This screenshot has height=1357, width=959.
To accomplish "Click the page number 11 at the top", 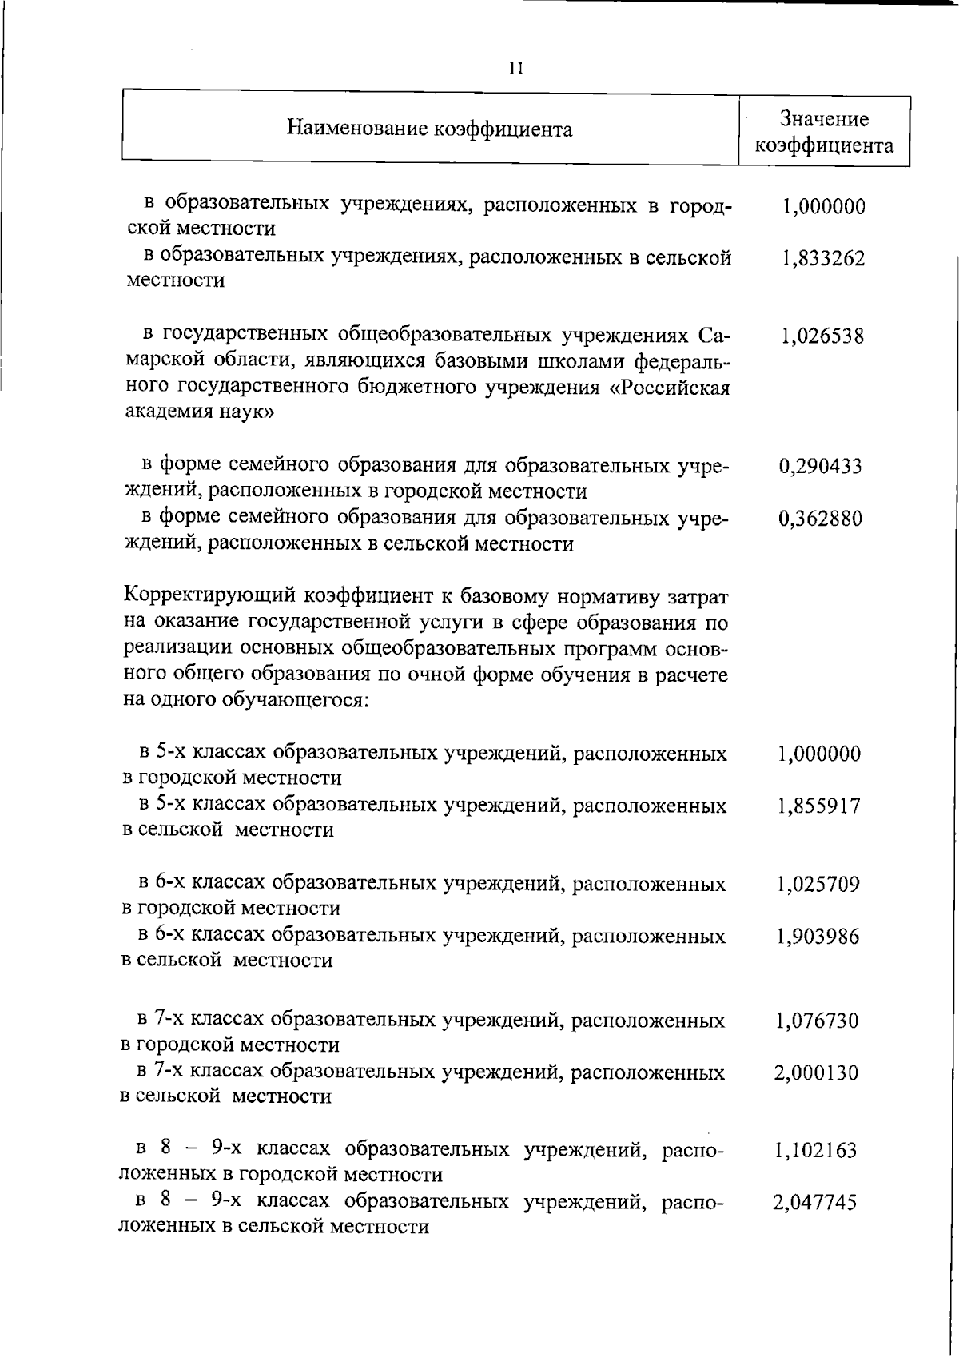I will pos(515,69).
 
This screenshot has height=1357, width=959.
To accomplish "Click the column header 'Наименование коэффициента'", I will pos(429,129).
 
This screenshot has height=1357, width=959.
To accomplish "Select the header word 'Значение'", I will pos(824,120).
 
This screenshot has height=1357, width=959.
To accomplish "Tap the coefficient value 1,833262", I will pos(823,259).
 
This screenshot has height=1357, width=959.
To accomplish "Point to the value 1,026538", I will pos(822,336).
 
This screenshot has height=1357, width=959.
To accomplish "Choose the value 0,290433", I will pos(821,466).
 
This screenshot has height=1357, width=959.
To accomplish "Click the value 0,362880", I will pos(821,519).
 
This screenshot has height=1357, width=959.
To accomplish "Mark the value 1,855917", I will pos(819,806).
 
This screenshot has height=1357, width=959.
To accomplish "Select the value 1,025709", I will pos(818,885).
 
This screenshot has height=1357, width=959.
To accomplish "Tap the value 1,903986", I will pos(818,936).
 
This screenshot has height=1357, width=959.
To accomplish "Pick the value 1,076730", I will pos(818,1021).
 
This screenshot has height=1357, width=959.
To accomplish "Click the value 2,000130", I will pos(817,1072).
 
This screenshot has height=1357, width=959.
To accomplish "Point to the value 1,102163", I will pos(816,1151).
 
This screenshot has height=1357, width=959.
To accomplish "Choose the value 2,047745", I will pos(815,1203).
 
